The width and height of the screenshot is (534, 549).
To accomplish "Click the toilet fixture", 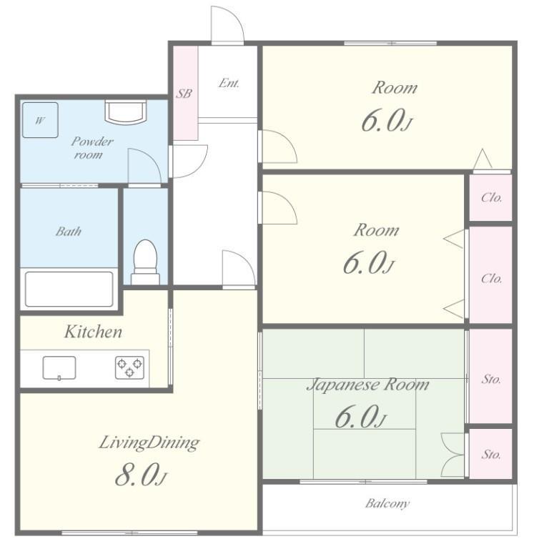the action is (145, 262).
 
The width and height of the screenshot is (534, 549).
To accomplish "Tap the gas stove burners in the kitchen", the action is (129, 367).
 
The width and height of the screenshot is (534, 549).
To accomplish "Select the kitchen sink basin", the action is (59, 368).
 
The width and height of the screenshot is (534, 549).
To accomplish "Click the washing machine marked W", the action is (40, 120).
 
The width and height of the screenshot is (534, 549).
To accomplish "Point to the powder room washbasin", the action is (125, 112).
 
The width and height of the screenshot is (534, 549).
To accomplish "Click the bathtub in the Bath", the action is (69, 290).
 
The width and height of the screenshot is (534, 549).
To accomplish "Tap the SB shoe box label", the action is (184, 93).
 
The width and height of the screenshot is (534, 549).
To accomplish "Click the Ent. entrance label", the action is (229, 83).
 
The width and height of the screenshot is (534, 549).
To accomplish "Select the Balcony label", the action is (387, 504).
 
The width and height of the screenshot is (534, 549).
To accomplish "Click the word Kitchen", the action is (93, 332).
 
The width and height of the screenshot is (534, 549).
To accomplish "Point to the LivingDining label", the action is (149, 443).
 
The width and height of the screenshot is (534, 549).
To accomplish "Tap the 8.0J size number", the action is (140, 475).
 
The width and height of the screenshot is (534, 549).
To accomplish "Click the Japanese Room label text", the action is (367, 385).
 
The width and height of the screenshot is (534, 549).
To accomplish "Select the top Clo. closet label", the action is (491, 197).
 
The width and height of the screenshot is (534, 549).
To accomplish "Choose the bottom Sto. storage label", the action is (491, 454).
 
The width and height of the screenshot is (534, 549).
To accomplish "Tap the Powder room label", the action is (92, 148).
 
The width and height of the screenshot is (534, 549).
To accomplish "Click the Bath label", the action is (69, 232).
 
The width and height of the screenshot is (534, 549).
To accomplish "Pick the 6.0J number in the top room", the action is (386, 121).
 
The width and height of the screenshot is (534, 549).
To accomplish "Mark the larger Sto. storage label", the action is (491, 379).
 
